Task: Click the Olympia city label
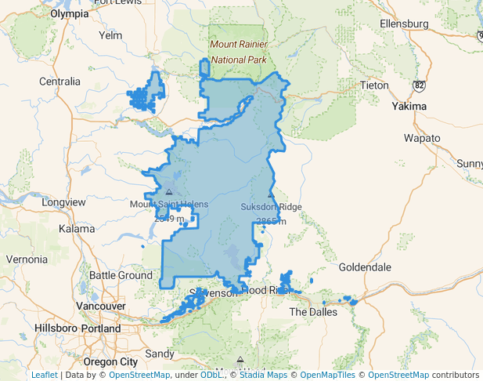pyautogui.click(x=70, y=14)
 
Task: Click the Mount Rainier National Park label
pyautogui.click(x=238, y=53)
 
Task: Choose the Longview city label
pyautogui.click(x=63, y=202)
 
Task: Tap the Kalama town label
pyautogui.click(x=77, y=229)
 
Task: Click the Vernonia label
pyautogui.click(x=27, y=259)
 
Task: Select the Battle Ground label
pyautogui.click(x=121, y=275)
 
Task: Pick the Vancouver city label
pyautogui.click(x=102, y=306)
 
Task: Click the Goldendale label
pyautogui.click(x=365, y=267)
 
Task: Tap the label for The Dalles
pyautogui.click(x=313, y=312)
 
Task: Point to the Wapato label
pyautogui.click(x=422, y=138)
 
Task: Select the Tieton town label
pyautogui.click(x=373, y=85)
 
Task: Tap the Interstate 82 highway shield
pyautogui.click(x=420, y=84)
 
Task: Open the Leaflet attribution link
pyautogui.click(x=44, y=376)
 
